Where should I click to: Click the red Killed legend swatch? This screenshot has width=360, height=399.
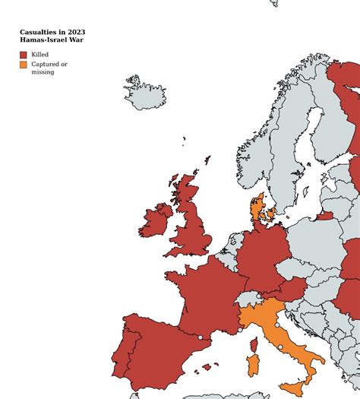tap(24, 55)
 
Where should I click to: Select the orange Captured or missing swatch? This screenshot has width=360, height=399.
tap(24, 65)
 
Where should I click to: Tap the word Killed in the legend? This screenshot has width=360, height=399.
tap(40, 55)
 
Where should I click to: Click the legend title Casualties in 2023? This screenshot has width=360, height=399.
tap(52, 32)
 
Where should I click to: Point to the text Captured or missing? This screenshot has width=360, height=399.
tap(49, 68)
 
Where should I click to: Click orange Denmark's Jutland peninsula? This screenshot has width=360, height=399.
tap(257, 208)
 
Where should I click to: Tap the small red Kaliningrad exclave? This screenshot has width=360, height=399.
tap(324, 216)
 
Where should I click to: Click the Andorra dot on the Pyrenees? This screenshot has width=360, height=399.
tap(201, 337)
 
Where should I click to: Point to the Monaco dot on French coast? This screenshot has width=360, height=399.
tap(239, 331)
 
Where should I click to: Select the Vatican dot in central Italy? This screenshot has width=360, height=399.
tap(280, 347)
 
